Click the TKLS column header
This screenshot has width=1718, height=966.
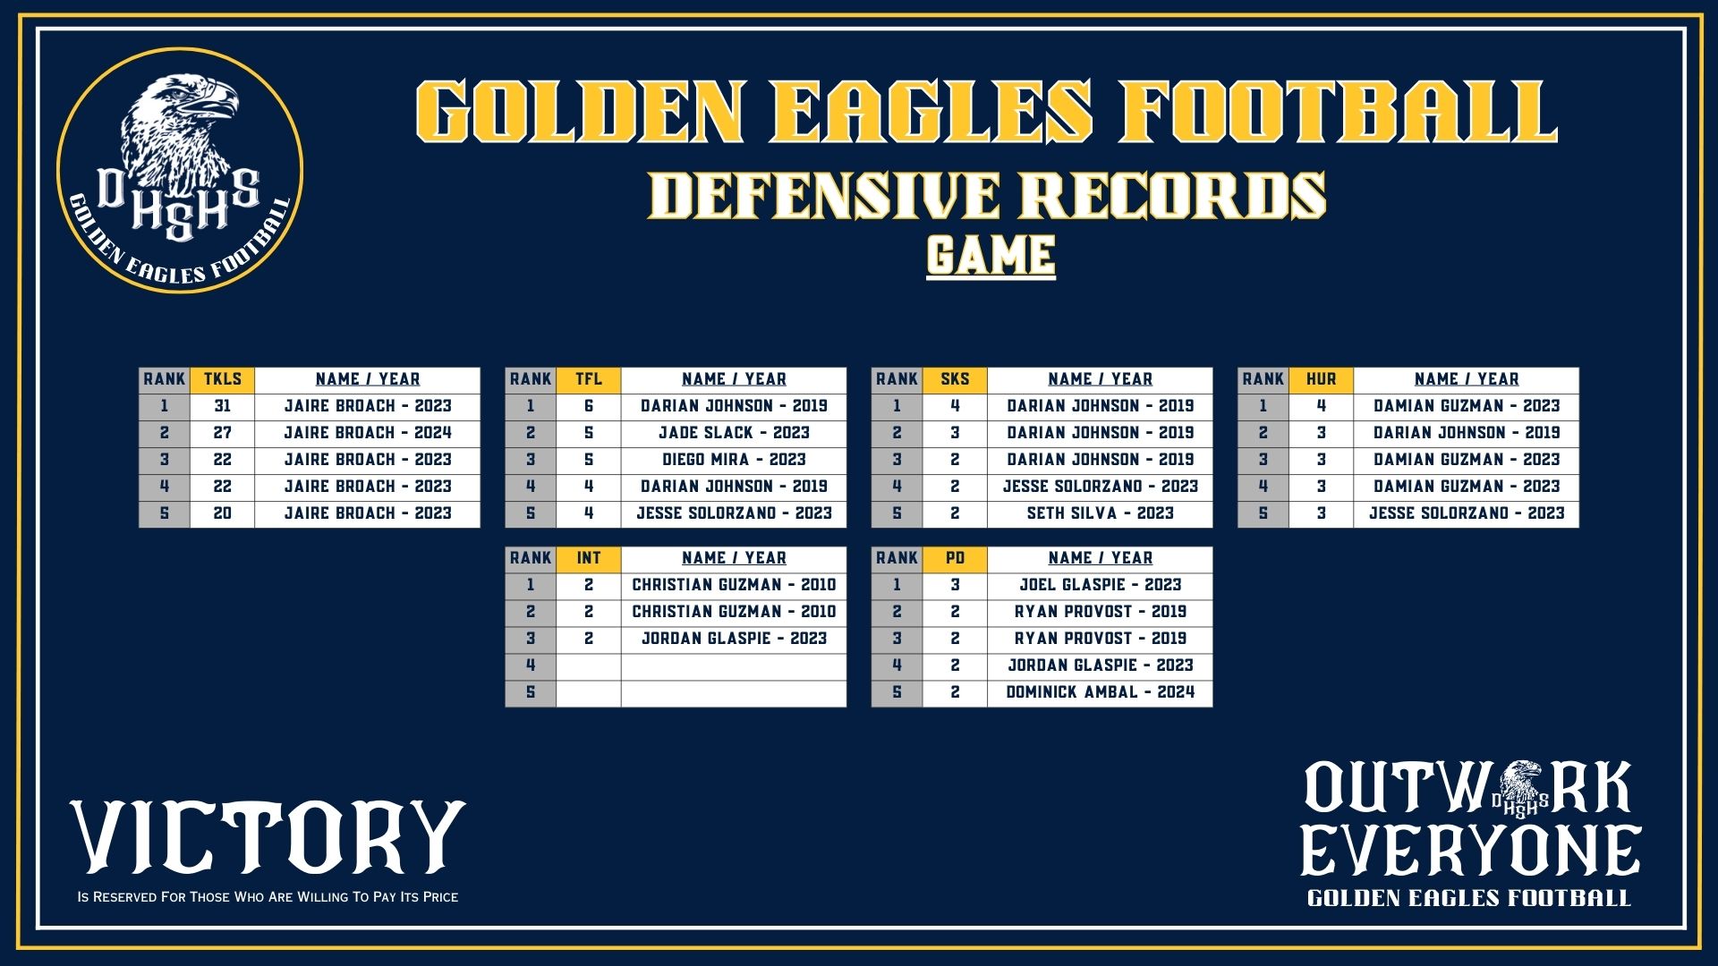pyautogui.click(x=222, y=379)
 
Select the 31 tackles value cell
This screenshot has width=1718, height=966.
pyautogui.click(x=222, y=406)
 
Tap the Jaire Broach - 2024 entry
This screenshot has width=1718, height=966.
pyautogui.click(x=368, y=433)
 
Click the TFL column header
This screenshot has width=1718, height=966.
pyautogui.click(x=589, y=379)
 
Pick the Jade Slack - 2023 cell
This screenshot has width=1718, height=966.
pyautogui.click(x=734, y=433)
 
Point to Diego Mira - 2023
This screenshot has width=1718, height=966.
pyautogui.click(x=734, y=460)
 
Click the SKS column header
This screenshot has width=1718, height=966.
pyautogui.click(x=955, y=379)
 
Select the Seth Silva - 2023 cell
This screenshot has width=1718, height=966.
pyautogui.click(x=1100, y=513)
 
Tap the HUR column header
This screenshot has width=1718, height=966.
pyautogui.click(x=1321, y=379)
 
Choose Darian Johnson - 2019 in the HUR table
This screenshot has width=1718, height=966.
pyautogui.click(x=1467, y=433)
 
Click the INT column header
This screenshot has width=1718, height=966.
pyautogui.click(x=589, y=558)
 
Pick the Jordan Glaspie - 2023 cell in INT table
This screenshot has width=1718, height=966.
pyautogui.click(x=734, y=639)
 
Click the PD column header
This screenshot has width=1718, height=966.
pyautogui.click(x=955, y=558)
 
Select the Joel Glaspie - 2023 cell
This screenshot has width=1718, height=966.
pyautogui.click(x=1100, y=585)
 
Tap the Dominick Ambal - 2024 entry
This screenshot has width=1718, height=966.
pyautogui.click(x=1100, y=692)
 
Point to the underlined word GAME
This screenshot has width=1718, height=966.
pyautogui.click(x=991, y=256)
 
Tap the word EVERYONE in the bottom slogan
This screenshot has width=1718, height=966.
pyautogui.click(x=1470, y=851)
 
